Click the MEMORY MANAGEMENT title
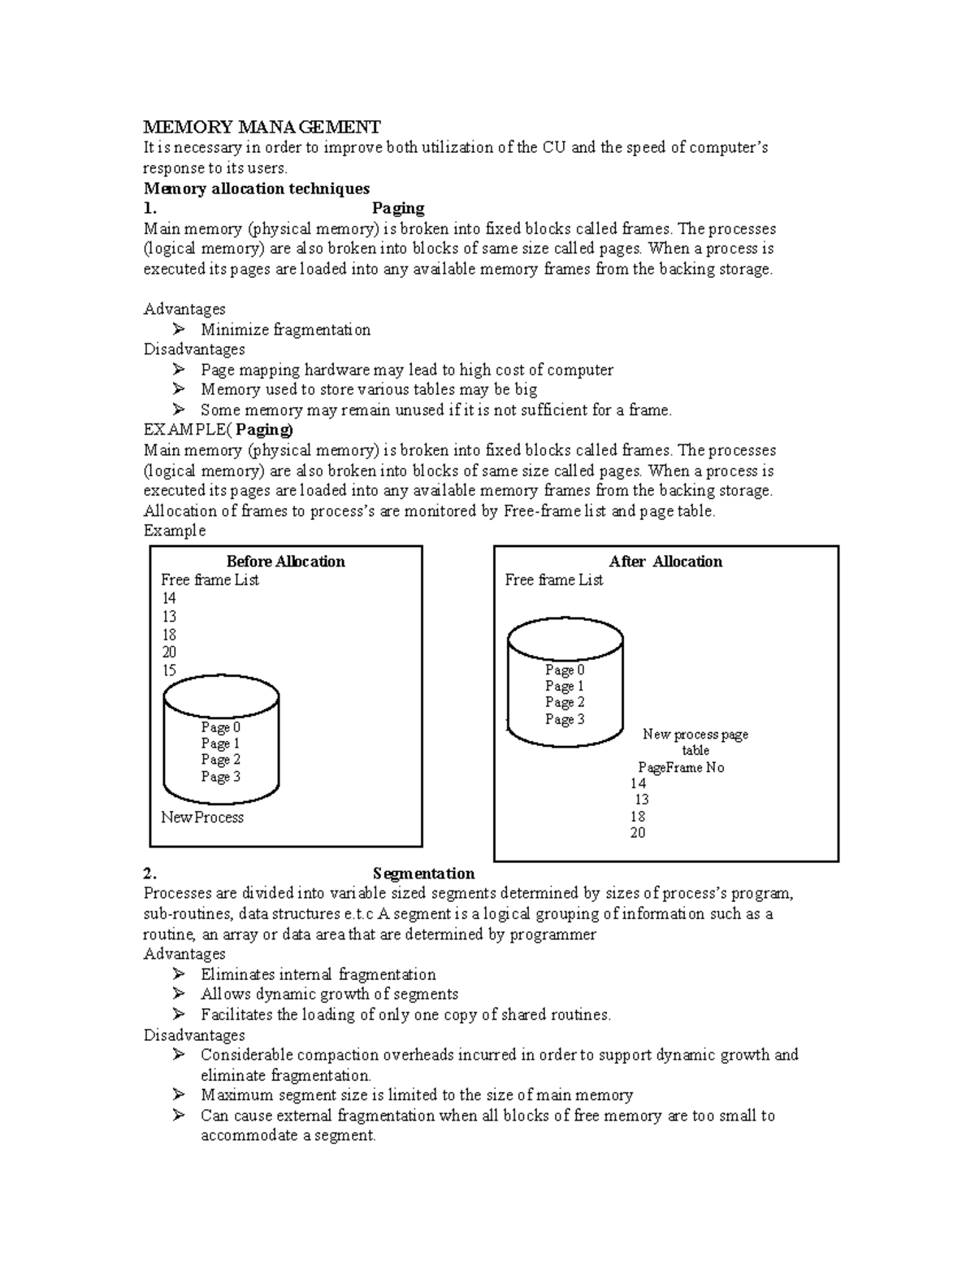(262, 127)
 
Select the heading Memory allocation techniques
(256, 189)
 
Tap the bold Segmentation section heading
(423, 874)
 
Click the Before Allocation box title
(285, 562)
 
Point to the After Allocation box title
(665, 562)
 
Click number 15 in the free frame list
(169, 670)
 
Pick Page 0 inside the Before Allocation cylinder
(220, 727)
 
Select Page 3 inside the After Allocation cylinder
(565, 719)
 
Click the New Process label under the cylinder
(202, 817)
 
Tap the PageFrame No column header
(681, 767)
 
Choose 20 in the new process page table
(638, 833)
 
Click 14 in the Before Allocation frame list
(169, 598)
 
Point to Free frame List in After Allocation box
(554, 580)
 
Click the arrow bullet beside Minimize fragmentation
(179, 329)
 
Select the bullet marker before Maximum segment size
(179, 1095)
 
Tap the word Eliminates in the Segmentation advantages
(238, 974)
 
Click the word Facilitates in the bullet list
(236, 1014)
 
